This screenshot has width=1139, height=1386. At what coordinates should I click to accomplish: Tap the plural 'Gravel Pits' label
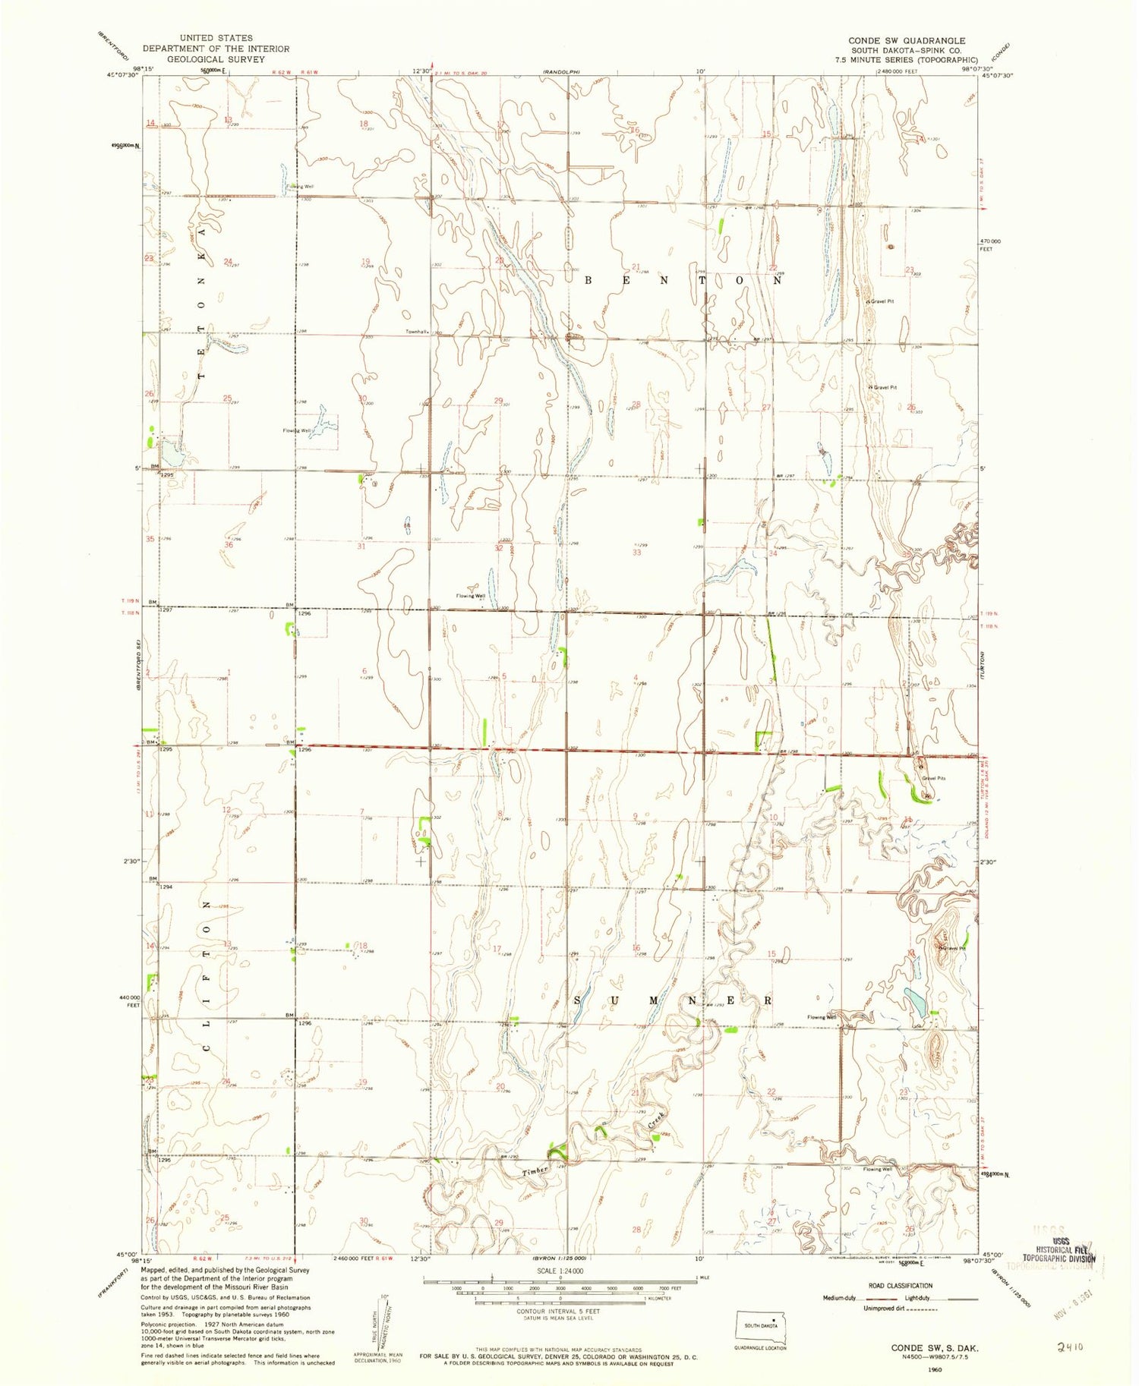coord(933,778)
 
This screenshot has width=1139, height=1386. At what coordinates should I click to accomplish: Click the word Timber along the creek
coord(535,1171)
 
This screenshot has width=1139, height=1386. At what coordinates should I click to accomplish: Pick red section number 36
coord(228,545)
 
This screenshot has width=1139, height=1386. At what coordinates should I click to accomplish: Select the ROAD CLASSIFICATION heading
coord(899,1286)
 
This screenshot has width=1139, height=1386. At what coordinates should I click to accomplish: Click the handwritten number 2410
coord(1069,1346)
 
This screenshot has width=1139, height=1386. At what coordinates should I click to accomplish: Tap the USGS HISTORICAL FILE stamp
coord(1063,1253)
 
